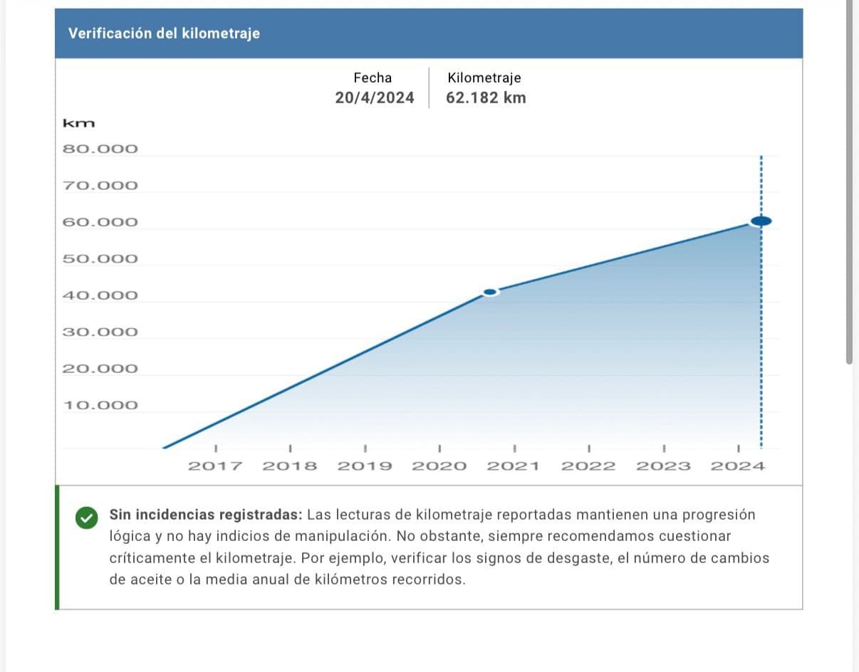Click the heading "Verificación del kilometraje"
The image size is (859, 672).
pyautogui.click(x=164, y=33)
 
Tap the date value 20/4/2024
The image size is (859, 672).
pyautogui.click(x=374, y=98)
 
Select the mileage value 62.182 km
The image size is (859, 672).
pyautogui.click(x=486, y=98)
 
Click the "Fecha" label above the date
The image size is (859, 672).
pyautogui.click(x=373, y=78)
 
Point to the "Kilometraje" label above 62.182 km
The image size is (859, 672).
pyautogui.click(x=484, y=78)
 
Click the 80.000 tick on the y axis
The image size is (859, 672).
pyautogui.click(x=100, y=149)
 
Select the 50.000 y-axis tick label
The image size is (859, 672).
pyautogui.click(x=100, y=259)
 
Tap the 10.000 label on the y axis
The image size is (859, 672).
pyautogui.click(x=100, y=406)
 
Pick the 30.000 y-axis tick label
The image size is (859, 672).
pyautogui.click(x=100, y=332)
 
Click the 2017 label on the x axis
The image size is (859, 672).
pyautogui.click(x=215, y=467)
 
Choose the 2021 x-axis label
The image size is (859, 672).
pyautogui.click(x=514, y=467)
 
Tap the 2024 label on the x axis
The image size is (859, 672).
pyautogui.click(x=738, y=467)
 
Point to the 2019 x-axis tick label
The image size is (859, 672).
pyautogui.click(x=365, y=467)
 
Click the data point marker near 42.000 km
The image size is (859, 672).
pyautogui.click(x=490, y=293)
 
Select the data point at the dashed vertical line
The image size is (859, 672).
pyautogui.click(x=761, y=221)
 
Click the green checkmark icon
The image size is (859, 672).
pyautogui.click(x=85, y=518)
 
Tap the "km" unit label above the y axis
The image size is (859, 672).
pyautogui.click(x=79, y=124)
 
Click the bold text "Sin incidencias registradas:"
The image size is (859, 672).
pyautogui.click(x=206, y=515)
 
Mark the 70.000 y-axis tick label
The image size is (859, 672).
pyautogui.click(x=100, y=187)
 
